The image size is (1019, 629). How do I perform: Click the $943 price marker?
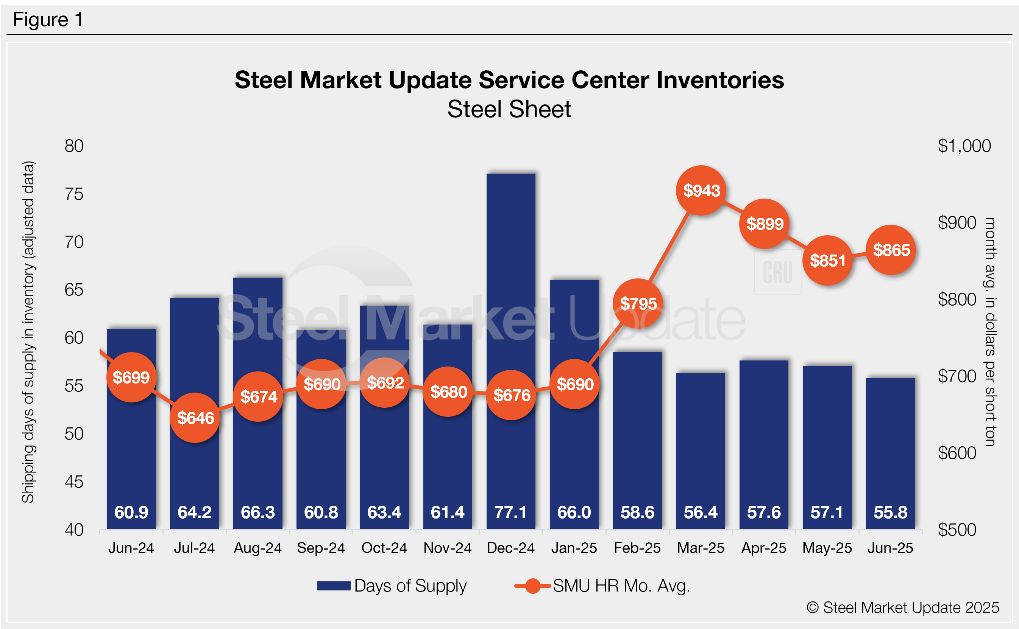coord(701,191)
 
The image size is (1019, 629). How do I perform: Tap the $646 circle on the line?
coord(195,418)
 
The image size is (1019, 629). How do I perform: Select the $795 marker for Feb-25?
coord(638,304)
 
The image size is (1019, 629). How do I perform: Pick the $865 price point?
coord(891,250)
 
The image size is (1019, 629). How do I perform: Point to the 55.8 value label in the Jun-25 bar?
coord(890,512)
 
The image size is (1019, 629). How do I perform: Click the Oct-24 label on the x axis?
coord(384,548)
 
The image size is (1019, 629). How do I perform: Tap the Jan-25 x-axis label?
coord(574,548)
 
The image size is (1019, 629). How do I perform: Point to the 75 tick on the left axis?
coord(74,194)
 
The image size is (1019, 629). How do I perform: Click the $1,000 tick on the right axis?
coord(964,146)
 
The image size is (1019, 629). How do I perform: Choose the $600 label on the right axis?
coord(957,453)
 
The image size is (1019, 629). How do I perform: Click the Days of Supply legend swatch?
coord(334,586)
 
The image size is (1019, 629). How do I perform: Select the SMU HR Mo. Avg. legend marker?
coord(533,586)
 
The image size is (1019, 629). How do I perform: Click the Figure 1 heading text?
coord(48,20)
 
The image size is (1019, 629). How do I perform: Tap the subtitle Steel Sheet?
coord(509,109)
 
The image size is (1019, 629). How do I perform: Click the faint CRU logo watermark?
coord(777,272)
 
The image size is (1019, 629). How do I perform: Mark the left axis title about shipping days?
coord(28,332)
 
